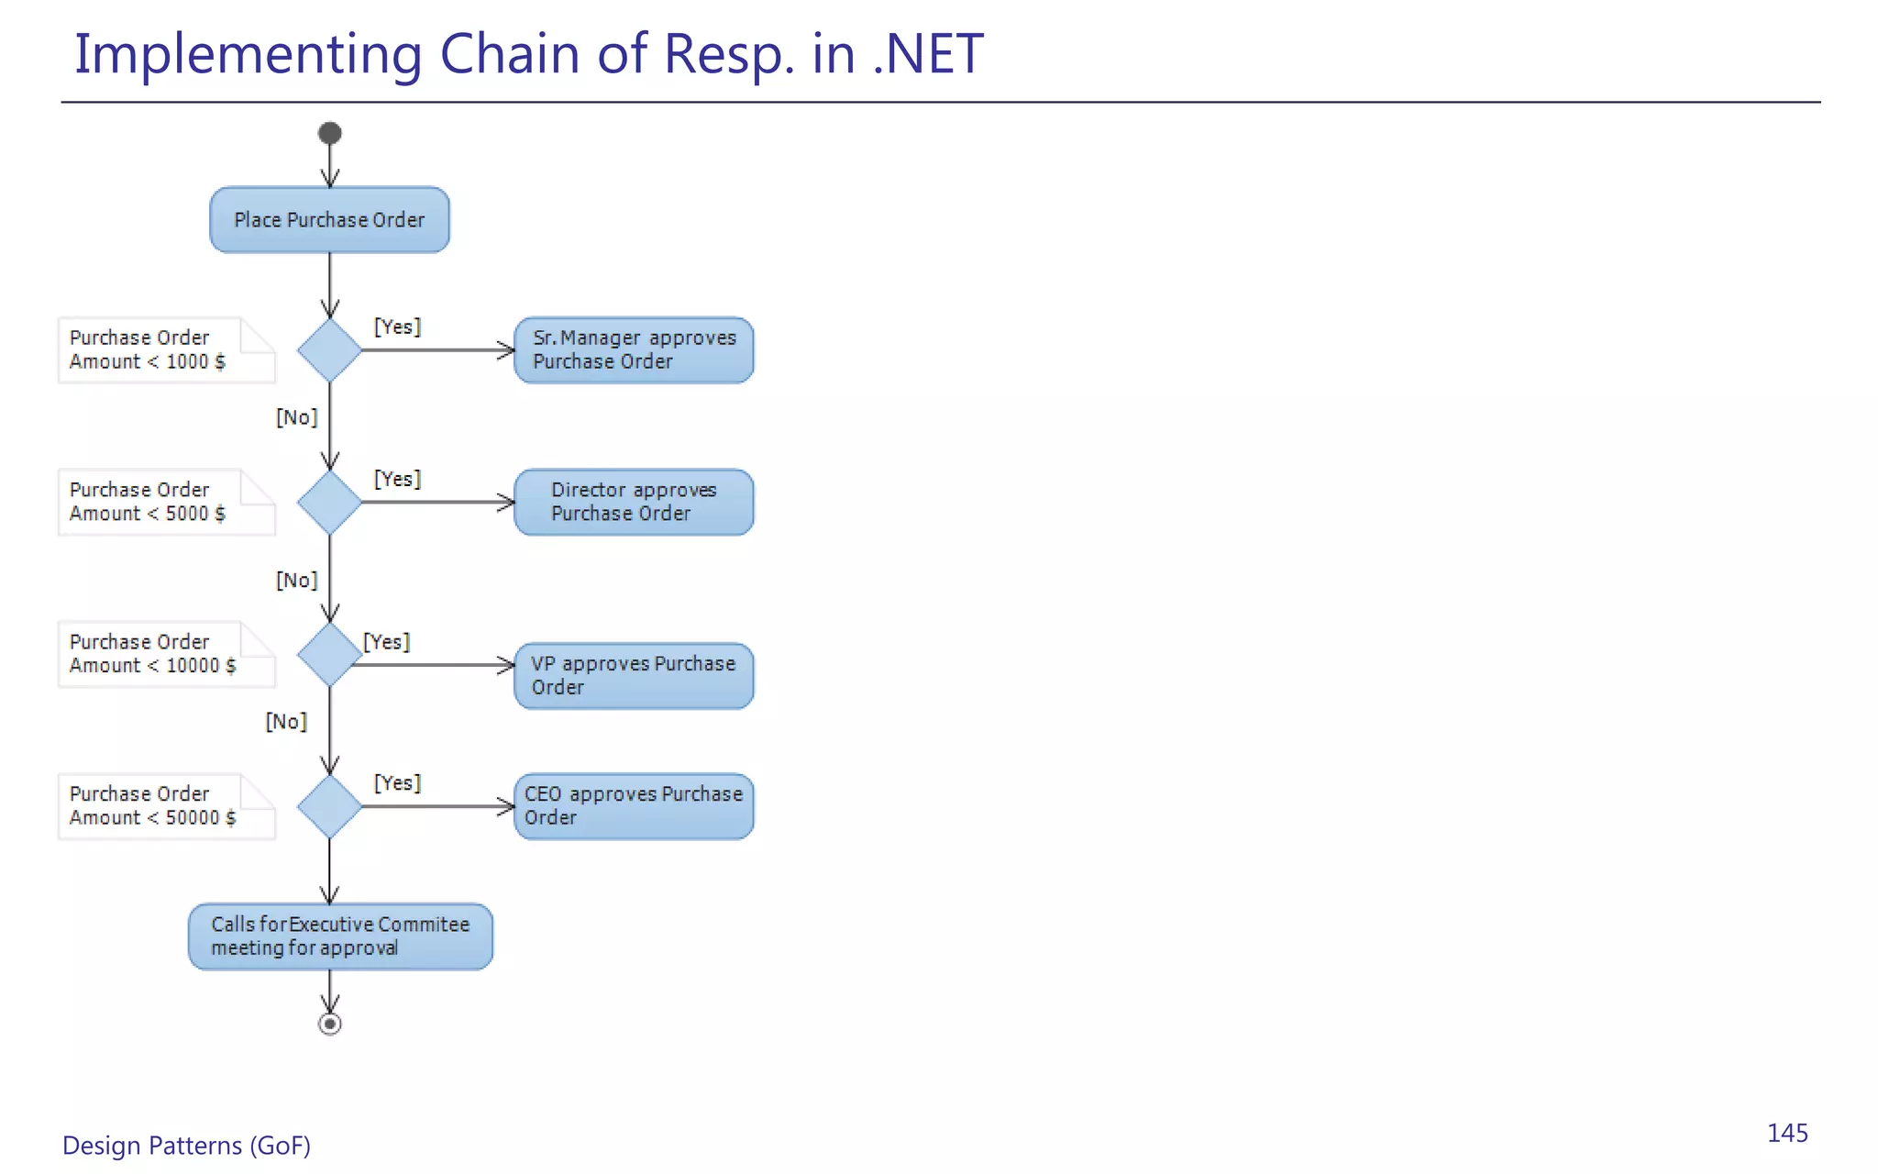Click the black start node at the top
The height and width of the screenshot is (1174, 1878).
point(330,134)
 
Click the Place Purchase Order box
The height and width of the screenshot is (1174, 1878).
point(329,220)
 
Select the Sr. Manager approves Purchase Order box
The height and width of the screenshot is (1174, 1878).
point(634,350)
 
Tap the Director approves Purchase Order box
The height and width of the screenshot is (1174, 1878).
point(634,503)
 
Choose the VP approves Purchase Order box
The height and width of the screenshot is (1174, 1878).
point(634,676)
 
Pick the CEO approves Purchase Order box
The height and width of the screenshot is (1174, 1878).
point(634,806)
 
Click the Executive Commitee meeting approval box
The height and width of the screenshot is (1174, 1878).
point(340,936)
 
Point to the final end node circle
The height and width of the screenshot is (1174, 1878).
point(330,1024)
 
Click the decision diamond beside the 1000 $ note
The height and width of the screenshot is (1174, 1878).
point(329,350)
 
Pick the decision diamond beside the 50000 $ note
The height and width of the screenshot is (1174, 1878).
point(329,806)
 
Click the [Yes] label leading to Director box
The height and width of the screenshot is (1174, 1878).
point(397,479)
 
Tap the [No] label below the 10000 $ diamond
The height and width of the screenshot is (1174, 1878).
point(286,722)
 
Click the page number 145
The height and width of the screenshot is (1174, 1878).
point(1787,1134)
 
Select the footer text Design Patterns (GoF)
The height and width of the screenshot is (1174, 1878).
point(186,1146)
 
